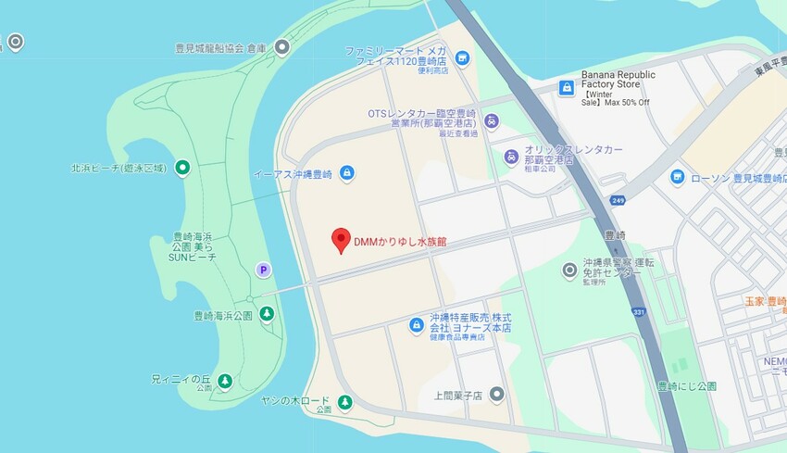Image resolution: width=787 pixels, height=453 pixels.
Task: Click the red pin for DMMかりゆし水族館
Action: click(340, 239)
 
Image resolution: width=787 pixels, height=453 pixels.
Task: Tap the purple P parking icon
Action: click(264, 270)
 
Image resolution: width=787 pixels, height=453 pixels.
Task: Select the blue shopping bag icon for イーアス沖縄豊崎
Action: click(346, 172)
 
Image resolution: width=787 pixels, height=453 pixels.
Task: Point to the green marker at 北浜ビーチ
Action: click(183, 168)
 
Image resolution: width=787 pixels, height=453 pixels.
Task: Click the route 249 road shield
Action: click(617, 200)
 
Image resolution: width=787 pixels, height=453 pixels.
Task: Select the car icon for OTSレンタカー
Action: click(492, 120)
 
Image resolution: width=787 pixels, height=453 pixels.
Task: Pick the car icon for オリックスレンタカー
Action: click(510, 157)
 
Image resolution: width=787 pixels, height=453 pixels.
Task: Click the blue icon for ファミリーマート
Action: click(462, 58)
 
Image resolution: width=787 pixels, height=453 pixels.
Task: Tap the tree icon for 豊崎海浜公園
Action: click(267, 315)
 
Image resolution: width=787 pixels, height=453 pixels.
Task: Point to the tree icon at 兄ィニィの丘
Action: click(223, 380)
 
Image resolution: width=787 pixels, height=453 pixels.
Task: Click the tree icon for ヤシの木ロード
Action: click(344, 402)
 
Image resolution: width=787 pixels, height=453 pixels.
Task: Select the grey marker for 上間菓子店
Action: click(497, 395)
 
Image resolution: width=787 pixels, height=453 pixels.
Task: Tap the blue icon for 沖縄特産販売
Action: click(417, 324)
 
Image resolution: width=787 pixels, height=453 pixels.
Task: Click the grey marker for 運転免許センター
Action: click(570, 270)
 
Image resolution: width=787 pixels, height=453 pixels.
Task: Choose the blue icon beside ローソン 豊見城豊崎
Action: click(678, 176)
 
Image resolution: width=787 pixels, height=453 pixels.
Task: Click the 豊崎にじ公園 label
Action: click(686, 385)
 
